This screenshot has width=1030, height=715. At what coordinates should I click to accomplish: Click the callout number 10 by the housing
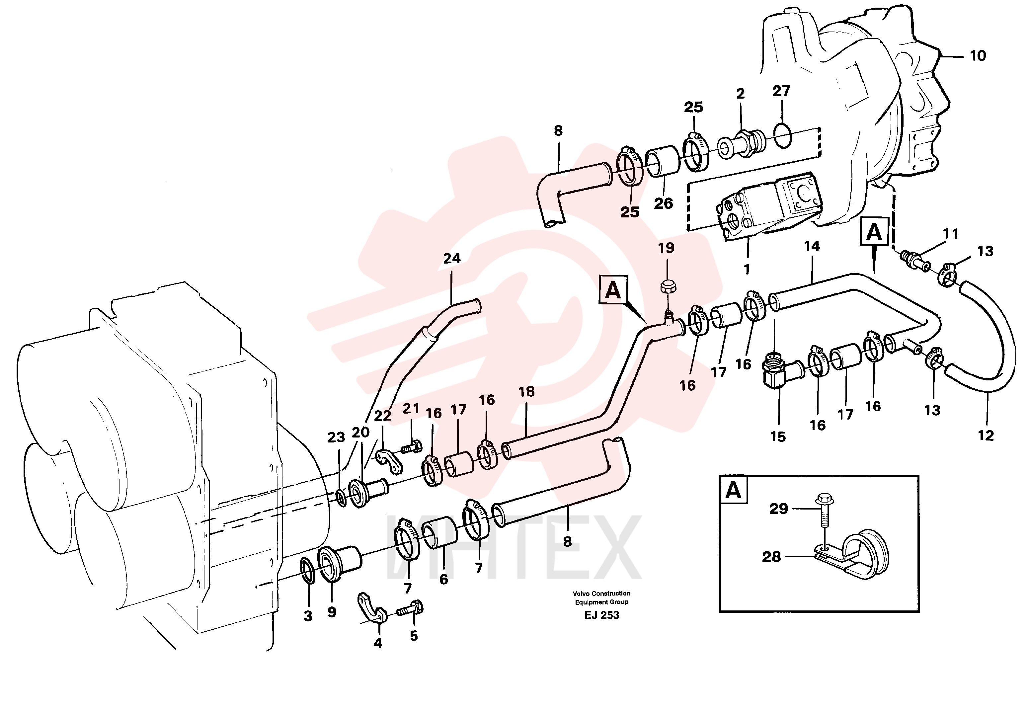[x=978, y=56]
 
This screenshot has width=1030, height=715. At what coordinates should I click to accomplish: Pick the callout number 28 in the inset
[x=771, y=557]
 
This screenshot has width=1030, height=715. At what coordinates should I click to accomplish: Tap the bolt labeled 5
[x=410, y=609]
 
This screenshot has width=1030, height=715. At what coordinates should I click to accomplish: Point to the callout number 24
[x=452, y=259]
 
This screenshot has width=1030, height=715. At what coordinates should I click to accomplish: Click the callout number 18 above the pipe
[x=526, y=392]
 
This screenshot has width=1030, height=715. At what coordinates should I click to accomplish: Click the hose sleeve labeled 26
[x=663, y=161]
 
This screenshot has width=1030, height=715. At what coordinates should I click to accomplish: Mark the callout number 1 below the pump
[x=747, y=269]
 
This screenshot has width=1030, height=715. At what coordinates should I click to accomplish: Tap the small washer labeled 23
[x=341, y=498]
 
